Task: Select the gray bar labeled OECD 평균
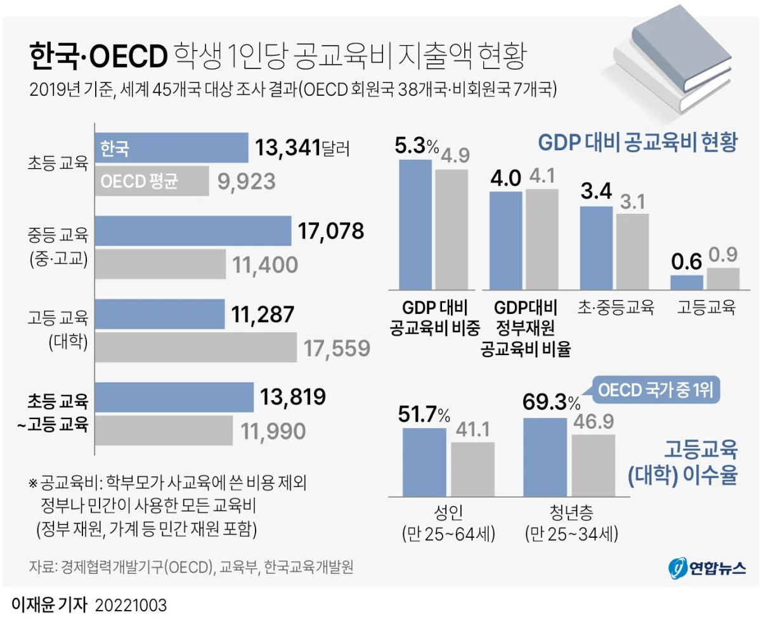click(x=152, y=181)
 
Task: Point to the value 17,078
click(x=328, y=231)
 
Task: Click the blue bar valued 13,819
click(x=174, y=398)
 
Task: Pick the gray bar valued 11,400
click(x=160, y=264)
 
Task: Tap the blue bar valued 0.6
click(x=687, y=283)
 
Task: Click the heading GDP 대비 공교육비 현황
click(x=637, y=142)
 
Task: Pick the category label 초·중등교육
click(x=615, y=308)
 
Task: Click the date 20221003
click(x=131, y=604)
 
